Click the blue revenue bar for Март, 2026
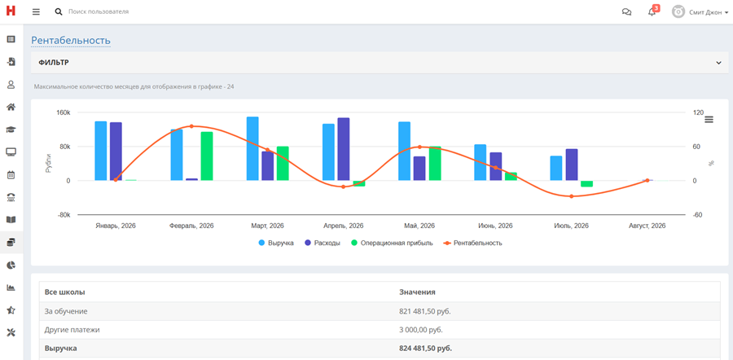pyautogui.click(x=252, y=149)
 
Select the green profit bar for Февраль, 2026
pyautogui.click(x=207, y=156)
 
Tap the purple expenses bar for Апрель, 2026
pyautogui.click(x=344, y=149)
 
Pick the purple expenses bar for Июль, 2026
pyautogui.click(x=571, y=165)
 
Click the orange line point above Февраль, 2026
pyautogui.click(x=191, y=126)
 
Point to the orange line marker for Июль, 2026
pyautogui.click(x=571, y=196)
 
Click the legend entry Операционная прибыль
pyautogui.click(x=392, y=243)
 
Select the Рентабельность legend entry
pyautogui.click(x=472, y=243)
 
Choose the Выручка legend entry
pyautogui.click(x=276, y=243)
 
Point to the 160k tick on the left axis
pyautogui.click(x=64, y=112)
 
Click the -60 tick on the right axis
pyautogui.click(x=697, y=215)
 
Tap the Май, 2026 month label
pyautogui.click(x=419, y=226)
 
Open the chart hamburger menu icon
pyautogui.click(x=709, y=119)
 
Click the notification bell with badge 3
pyautogui.click(x=652, y=11)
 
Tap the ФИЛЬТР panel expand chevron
pyautogui.click(x=718, y=63)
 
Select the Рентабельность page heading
pyautogui.click(x=71, y=40)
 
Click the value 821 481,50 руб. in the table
pyautogui.click(x=425, y=311)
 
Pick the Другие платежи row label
pyautogui.click(x=72, y=330)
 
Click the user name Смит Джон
pyautogui.click(x=705, y=11)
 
